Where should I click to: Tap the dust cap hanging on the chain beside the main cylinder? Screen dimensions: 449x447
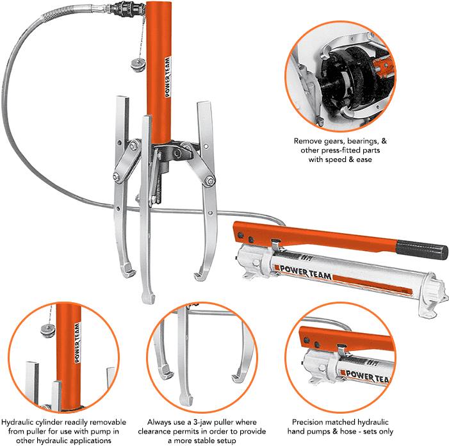(137, 65)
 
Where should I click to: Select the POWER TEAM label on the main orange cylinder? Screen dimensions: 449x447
(168, 76)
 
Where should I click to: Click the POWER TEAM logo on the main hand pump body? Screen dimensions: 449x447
(306, 272)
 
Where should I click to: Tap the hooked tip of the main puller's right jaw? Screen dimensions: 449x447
(200, 275)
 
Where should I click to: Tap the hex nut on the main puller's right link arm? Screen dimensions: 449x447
(210, 181)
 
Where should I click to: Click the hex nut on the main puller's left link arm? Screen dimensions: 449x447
(117, 177)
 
